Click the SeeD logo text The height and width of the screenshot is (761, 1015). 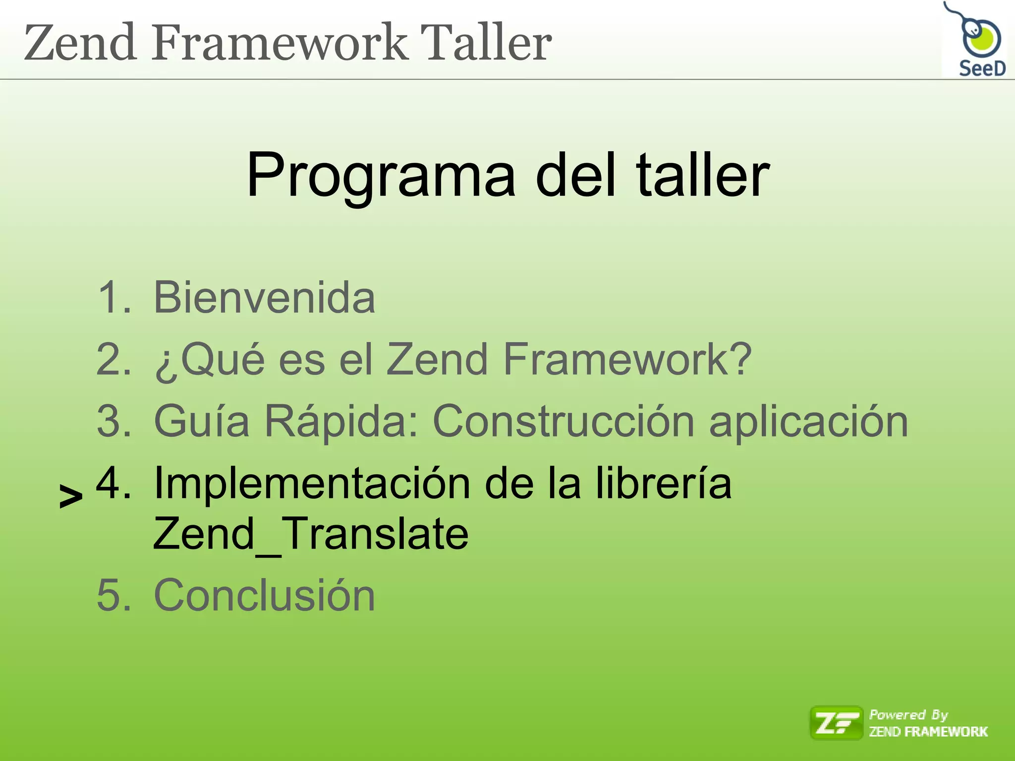click(x=982, y=68)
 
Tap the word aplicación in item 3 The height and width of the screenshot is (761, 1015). click(x=809, y=422)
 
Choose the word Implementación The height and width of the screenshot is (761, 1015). click(x=312, y=484)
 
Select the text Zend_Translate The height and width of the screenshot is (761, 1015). click(x=311, y=534)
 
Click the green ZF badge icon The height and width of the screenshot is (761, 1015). click(x=836, y=723)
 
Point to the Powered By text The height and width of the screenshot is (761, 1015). click(x=908, y=714)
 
